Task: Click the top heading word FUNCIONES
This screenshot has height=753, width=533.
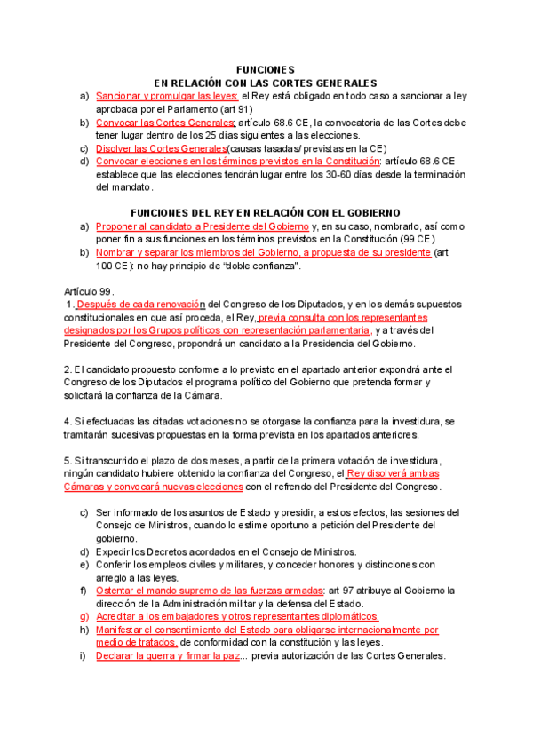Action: point(266,69)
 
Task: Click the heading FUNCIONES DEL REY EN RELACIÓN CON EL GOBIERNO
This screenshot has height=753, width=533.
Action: point(266,213)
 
